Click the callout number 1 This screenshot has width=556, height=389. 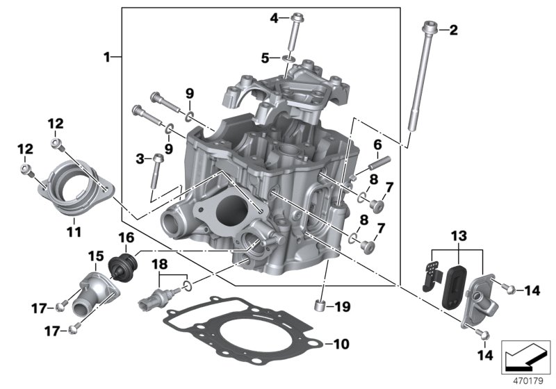pyautogui.click(x=108, y=56)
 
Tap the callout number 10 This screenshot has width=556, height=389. pyautogui.click(x=341, y=344)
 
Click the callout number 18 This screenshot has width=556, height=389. pyautogui.click(x=159, y=264)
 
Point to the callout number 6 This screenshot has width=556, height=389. pyautogui.click(x=377, y=144)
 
